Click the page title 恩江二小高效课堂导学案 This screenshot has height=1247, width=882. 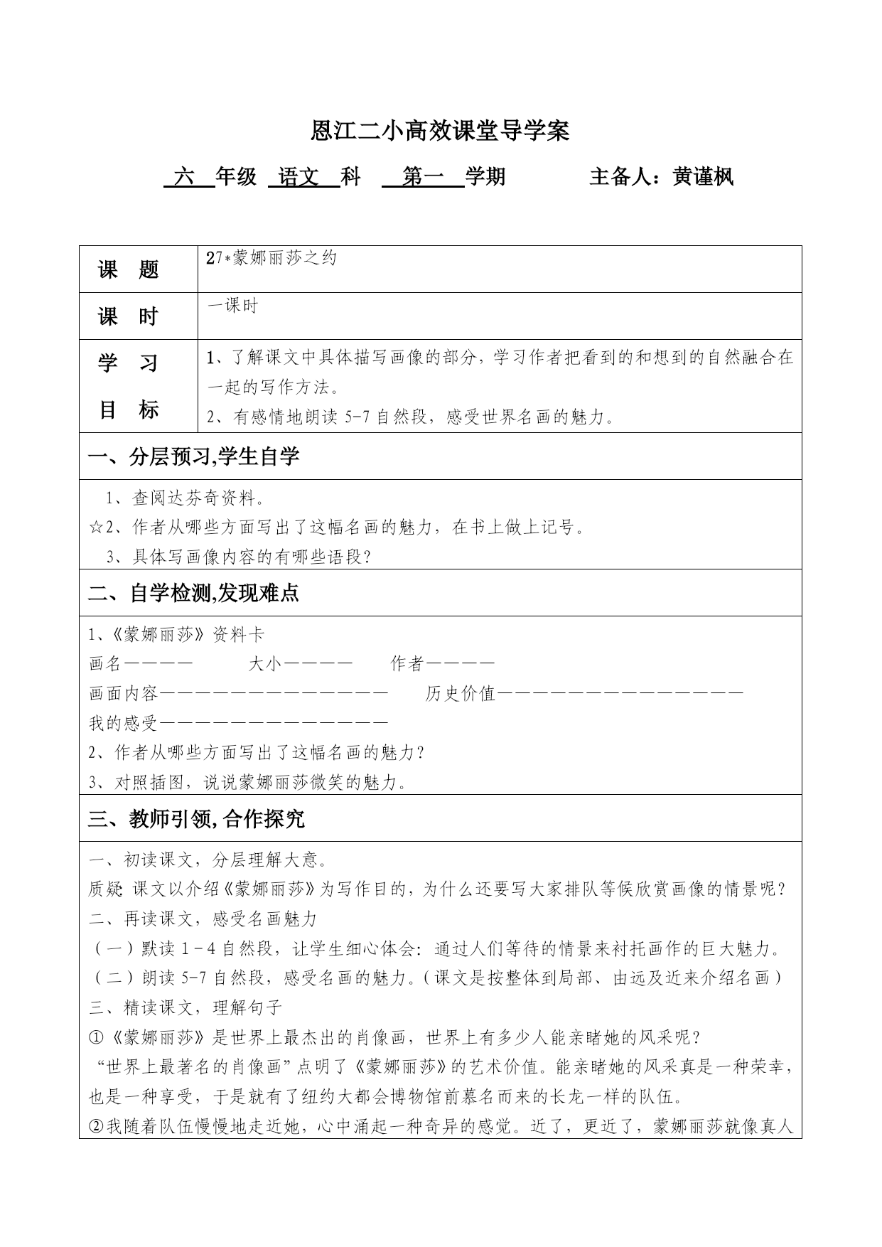pos(441,132)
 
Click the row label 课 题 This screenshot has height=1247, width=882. pos(129,270)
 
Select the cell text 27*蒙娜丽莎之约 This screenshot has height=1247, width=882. pos(271,259)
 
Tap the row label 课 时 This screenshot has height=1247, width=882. pos(129,316)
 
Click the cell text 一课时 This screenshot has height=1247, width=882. pos(232,306)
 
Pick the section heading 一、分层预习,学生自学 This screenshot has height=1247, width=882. pos(193,456)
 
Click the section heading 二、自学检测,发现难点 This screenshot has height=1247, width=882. pos(193,593)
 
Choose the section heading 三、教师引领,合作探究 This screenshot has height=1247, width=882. pos(196,819)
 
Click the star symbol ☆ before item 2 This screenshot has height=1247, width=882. pos(95,528)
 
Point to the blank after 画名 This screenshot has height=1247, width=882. pos(158,664)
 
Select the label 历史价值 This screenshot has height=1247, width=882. pos(460,694)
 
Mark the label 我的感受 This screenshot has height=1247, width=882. pos(123,724)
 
